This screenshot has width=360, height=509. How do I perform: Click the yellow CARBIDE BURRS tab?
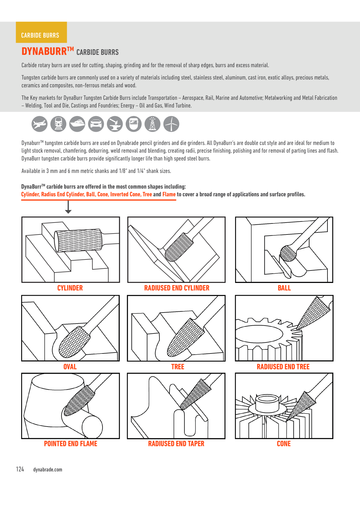pos(41,32)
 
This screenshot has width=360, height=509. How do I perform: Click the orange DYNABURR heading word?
pos(44,51)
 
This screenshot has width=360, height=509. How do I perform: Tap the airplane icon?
pos(39,124)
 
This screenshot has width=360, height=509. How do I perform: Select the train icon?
pos(58,124)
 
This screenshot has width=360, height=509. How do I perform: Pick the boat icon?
pos(77,124)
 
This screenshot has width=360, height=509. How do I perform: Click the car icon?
pos(96,124)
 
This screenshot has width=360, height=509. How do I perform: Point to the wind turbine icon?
pos(171,124)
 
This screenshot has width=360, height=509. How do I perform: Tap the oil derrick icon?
pos(152,124)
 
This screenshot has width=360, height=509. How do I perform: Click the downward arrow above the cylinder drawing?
pos(68,207)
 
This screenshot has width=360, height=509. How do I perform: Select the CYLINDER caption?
pos(70,288)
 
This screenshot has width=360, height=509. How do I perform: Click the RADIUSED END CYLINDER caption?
pos(177,288)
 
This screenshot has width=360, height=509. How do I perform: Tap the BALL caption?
pos(284,288)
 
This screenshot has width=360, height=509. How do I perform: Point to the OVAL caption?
pos(70,367)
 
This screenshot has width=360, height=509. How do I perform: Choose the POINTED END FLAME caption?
pos(71,443)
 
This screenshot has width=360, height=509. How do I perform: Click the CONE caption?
pos(284,443)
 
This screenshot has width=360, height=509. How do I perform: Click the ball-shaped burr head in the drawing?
pos(288,253)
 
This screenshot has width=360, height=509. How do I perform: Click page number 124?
pos(20,469)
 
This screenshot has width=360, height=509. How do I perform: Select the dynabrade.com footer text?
pos(48,470)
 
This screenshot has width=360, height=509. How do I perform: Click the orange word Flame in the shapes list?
pos(169,194)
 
